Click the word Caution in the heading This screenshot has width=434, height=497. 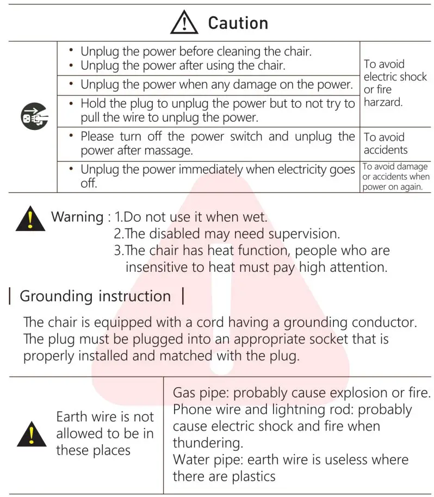point(238,23)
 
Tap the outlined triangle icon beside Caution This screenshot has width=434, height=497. point(184,23)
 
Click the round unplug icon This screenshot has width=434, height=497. point(34,116)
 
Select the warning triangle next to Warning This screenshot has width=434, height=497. point(30,218)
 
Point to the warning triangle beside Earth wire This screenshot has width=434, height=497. point(32,434)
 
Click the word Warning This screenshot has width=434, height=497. point(77,217)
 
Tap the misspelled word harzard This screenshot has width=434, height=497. point(383,102)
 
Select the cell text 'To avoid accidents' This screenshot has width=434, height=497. point(385,144)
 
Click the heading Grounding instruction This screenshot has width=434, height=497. point(95,296)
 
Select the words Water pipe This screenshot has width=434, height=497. point(207,459)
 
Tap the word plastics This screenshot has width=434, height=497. point(249,476)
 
